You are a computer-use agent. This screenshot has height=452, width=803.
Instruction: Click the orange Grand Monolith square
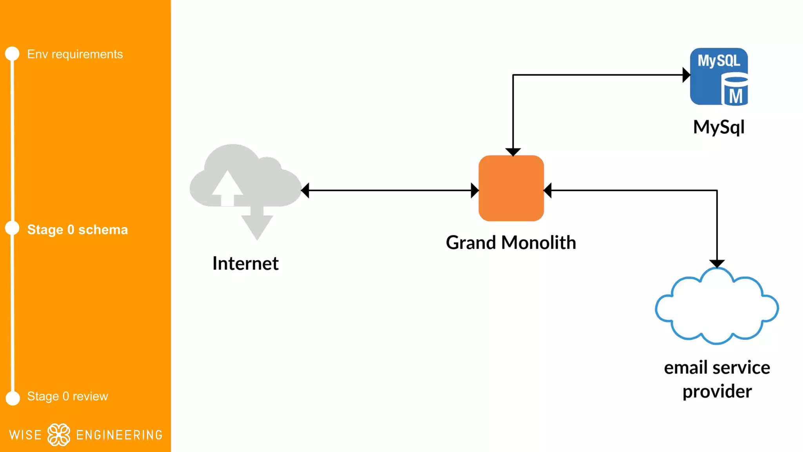coord(511,188)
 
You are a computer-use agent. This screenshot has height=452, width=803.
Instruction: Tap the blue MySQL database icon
coord(719,77)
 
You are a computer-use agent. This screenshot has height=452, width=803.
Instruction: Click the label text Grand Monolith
coord(511,242)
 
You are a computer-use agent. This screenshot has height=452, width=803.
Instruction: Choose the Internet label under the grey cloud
coord(245,263)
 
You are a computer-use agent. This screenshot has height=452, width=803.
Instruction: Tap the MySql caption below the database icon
coord(719,127)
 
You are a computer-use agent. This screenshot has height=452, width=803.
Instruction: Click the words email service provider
coord(717,379)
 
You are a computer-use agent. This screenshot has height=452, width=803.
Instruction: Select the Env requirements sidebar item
coord(75,54)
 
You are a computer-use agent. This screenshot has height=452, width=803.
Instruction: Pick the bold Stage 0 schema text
coord(77,230)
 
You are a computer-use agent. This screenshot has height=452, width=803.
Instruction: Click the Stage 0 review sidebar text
coord(67,396)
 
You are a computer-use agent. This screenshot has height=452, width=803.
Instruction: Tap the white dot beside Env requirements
coord(12,54)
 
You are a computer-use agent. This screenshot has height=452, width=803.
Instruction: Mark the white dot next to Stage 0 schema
coord(12,228)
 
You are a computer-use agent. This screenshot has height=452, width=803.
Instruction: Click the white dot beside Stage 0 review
coord(13,398)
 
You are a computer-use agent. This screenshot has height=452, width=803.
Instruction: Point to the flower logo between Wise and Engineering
coord(59,435)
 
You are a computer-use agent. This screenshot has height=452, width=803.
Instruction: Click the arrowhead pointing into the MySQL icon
coord(686,75)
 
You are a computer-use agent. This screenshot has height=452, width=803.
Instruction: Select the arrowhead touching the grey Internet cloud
coord(305,191)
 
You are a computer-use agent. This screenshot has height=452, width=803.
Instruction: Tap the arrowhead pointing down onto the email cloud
coord(717,263)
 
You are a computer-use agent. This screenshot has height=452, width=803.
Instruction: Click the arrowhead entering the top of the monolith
coord(513,152)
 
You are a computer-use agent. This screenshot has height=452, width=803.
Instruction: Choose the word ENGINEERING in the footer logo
coord(119,435)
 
